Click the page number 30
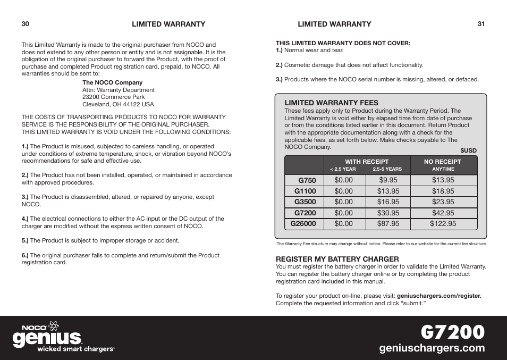click(x=25, y=24)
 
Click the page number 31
click(x=481, y=24)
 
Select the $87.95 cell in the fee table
click(x=388, y=224)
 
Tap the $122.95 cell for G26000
click(x=443, y=224)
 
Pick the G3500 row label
click(x=305, y=202)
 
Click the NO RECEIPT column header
click(x=443, y=162)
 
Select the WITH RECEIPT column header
click(x=366, y=162)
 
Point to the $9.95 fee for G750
click(x=388, y=180)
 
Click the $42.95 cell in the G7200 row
click(x=443, y=213)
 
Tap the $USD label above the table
click(x=468, y=150)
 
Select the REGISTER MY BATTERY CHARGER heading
click(x=337, y=259)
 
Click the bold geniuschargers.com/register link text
click(x=439, y=296)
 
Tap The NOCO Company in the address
click(x=112, y=82)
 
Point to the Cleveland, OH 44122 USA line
click(x=118, y=104)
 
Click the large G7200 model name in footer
click(x=452, y=331)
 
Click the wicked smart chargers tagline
click(x=75, y=349)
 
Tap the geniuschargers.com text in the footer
click(x=432, y=348)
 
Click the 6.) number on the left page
click(x=24, y=255)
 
